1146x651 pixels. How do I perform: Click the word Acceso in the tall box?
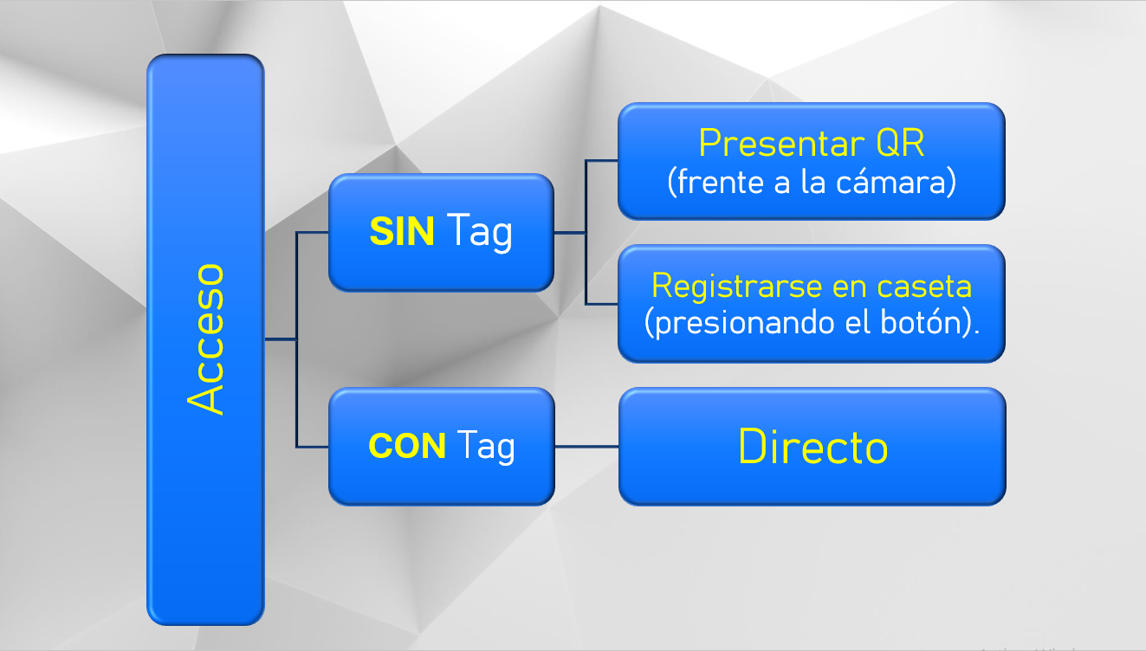click(x=205, y=339)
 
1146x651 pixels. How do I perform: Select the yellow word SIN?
click(x=402, y=232)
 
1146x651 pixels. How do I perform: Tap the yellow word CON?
click(x=407, y=446)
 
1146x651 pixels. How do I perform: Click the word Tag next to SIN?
click(x=479, y=233)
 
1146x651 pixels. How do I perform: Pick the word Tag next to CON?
click(x=486, y=447)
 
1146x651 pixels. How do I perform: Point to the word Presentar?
click(x=781, y=143)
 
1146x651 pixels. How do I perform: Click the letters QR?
click(x=901, y=143)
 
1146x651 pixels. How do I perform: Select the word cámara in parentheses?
click(x=896, y=182)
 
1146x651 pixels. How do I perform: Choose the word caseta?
click(x=924, y=287)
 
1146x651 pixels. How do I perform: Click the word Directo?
click(x=813, y=447)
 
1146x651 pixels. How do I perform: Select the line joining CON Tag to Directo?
click(x=586, y=447)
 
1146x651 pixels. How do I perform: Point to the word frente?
click(x=720, y=182)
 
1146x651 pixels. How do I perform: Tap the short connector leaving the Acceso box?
click(x=281, y=339)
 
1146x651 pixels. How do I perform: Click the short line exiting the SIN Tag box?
click(x=569, y=233)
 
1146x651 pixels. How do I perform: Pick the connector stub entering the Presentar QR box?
click(x=602, y=160)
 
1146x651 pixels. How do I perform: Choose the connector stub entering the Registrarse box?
click(x=602, y=304)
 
